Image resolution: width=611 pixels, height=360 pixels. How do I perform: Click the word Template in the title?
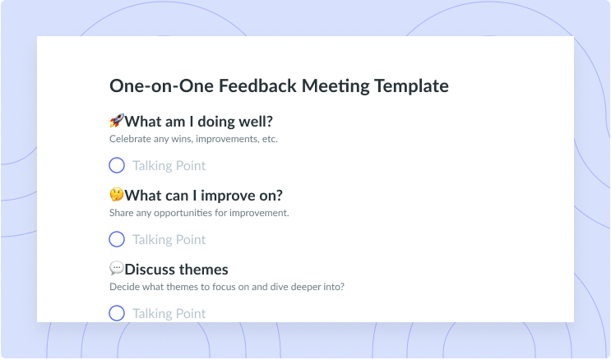click(x=411, y=86)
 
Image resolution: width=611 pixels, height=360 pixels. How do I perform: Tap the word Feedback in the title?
click(x=257, y=85)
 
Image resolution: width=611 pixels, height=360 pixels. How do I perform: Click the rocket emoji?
click(x=117, y=121)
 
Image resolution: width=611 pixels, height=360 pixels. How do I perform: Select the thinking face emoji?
click(x=117, y=195)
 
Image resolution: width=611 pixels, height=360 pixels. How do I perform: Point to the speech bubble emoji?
click(x=117, y=268)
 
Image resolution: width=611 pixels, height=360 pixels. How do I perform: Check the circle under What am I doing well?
click(x=117, y=165)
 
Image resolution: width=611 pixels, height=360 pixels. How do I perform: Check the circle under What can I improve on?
click(x=117, y=239)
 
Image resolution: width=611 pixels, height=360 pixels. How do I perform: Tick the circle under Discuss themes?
click(x=117, y=313)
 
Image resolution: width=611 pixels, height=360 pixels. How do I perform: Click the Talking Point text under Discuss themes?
click(x=169, y=314)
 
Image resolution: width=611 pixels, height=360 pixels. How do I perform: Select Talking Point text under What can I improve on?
click(x=169, y=240)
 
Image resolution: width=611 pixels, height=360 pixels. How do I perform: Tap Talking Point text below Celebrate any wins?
click(x=169, y=166)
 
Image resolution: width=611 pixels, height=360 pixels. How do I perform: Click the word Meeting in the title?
click(x=336, y=86)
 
